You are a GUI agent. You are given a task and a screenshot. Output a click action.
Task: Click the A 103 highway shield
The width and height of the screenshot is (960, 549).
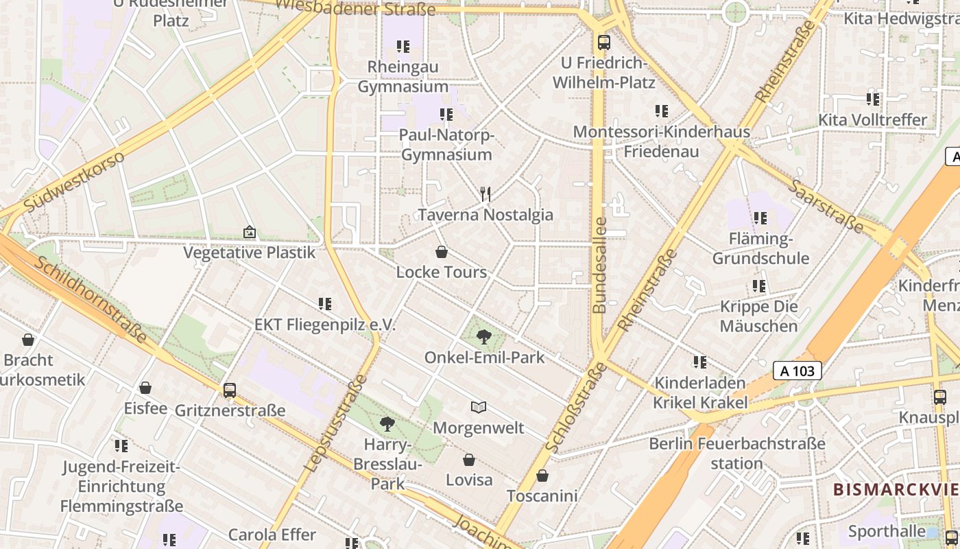797,371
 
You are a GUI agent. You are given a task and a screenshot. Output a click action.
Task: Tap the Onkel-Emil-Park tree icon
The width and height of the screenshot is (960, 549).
484,337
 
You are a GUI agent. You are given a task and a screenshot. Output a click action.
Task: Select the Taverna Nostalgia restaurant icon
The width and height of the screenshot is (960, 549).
485,194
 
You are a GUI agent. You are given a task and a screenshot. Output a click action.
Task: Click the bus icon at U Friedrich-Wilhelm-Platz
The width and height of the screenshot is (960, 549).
603,43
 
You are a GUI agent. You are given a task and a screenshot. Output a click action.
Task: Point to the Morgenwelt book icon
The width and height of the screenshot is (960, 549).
479,408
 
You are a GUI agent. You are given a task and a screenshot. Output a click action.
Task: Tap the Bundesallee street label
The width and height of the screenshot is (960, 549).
600,266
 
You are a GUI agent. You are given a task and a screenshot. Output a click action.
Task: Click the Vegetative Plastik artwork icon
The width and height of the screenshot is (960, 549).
249,233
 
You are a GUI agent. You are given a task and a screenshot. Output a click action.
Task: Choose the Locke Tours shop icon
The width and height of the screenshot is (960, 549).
442,252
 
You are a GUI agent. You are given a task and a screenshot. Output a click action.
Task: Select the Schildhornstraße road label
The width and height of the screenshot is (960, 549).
90,300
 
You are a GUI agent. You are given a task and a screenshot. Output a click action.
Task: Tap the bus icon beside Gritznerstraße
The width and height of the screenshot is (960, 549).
230,390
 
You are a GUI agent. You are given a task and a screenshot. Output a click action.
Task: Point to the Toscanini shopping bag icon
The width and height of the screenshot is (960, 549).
542,476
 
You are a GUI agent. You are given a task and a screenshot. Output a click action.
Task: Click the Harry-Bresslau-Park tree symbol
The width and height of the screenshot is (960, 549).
387,424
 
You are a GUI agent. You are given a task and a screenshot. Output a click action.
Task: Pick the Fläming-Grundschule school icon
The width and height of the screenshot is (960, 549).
760,218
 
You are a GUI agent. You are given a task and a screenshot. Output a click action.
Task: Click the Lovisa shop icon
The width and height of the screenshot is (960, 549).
469,460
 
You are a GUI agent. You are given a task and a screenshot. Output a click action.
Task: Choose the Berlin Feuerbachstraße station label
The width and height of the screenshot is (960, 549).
737,453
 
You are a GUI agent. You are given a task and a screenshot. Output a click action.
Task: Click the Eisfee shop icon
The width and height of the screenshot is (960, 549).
145,388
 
